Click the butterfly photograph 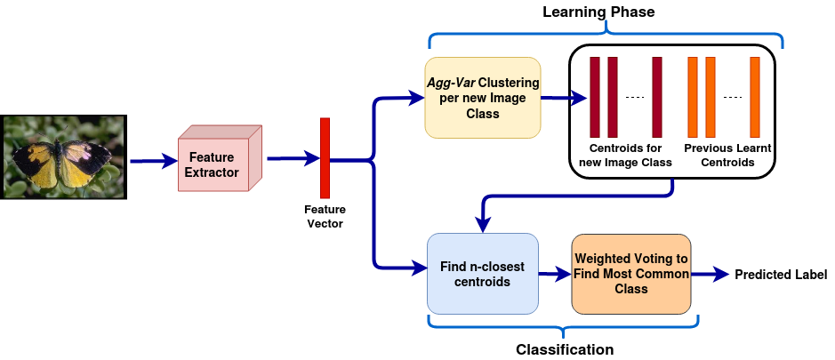pos(63,157)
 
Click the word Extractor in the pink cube pos(212,172)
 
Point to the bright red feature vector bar pos(325,158)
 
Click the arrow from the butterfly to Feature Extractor pos(153,162)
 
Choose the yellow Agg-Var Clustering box pos(482,98)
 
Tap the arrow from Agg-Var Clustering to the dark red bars pos(563,99)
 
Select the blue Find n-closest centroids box pos(482,274)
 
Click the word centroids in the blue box pos(482,282)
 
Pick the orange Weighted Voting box pos(630,274)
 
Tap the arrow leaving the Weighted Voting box pos(711,275)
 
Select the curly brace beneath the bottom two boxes pos(562,326)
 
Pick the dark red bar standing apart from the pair pos(657,98)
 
